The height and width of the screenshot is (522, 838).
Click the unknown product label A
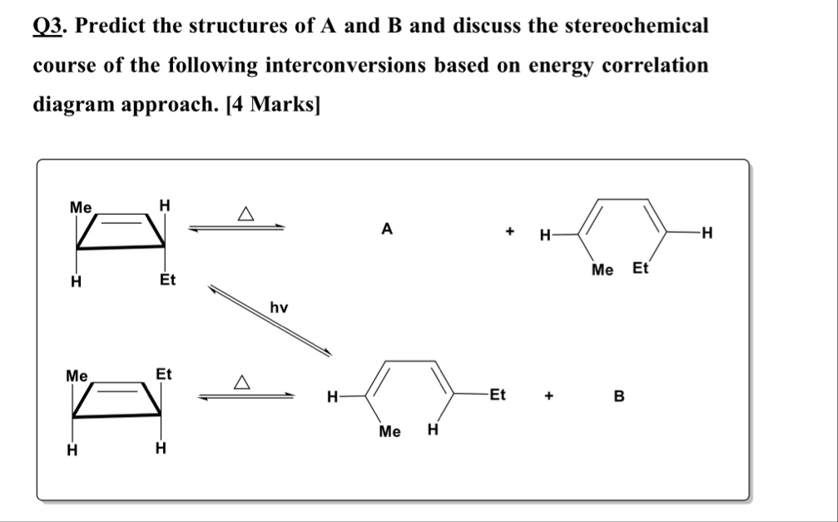[385, 228]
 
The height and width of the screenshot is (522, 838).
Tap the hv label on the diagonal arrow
[279, 308]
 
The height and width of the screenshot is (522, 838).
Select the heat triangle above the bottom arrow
[242, 383]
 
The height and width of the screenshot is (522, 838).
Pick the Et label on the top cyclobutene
[167, 280]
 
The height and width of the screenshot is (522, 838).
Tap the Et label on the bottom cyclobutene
[164, 375]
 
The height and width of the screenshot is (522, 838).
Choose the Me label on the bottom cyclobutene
[77, 375]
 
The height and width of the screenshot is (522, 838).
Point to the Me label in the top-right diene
[602, 269]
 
